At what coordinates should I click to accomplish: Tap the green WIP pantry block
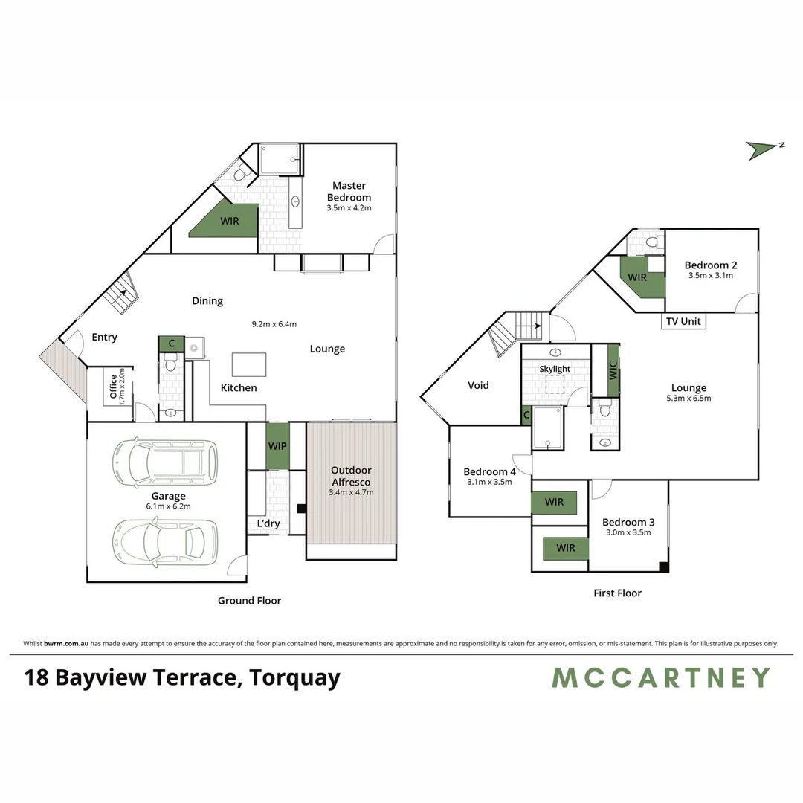(x=277, y=446)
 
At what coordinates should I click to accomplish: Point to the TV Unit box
(x=683, y=322)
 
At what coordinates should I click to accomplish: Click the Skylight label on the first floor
(x=555, y=369)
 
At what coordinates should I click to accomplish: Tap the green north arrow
(x=761, y=149)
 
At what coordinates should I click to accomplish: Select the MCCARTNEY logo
(x=660, y=677)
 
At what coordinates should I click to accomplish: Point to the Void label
(x=478, y=385)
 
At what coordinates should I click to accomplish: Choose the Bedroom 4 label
(x=489, y=471)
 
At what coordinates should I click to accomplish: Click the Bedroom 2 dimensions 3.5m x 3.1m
(x=711, y=276)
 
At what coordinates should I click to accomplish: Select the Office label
(x=113, y=387)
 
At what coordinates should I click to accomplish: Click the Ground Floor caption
(x=249, y=601)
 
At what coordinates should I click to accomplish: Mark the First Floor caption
(x=617, y=593)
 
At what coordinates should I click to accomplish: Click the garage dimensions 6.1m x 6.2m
(x=169, y=506)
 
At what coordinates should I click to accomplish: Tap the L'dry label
(x=268, y=523)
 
